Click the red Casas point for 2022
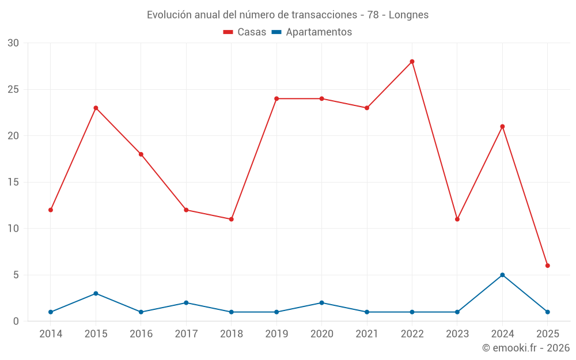click(x=412, y=62)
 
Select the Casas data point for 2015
click(x=96, y=108)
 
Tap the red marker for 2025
click(x=547, y=266)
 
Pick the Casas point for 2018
click(x=231, y=219)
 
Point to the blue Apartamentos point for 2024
click(x=502, y=275)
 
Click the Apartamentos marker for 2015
click(x=96, y=293)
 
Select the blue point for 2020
click(x=321, y=302)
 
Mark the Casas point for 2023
click(x=457, y=219)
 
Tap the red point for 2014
click(x=51, y=210)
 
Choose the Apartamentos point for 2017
click(x=186, y=302)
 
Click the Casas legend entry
click(x=245, y=32)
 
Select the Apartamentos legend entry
click(x=312, y=32)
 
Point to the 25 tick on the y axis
click(x=13, y=89)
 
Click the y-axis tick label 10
click(x=13, y=228)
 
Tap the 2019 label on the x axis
click(x=276, y=334)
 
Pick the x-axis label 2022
click(x=412, y=334)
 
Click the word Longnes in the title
click(x=408, y=15)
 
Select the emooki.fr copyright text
click(x=525, y=348)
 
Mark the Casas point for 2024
click(x=502, y=126)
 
